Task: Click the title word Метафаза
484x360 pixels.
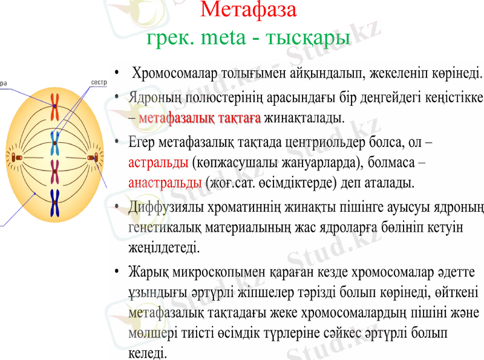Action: [248, 10]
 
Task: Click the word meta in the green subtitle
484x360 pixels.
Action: [224, 38]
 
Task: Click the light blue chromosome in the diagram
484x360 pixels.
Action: [55, 142]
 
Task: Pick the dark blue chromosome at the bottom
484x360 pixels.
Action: [55, 203]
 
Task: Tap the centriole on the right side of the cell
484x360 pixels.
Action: [93, 158]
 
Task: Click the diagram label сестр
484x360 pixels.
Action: [98, 82]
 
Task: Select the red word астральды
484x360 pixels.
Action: [158, 163]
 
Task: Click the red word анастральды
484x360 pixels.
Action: [165, 182]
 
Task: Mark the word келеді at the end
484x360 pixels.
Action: [146, 353]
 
